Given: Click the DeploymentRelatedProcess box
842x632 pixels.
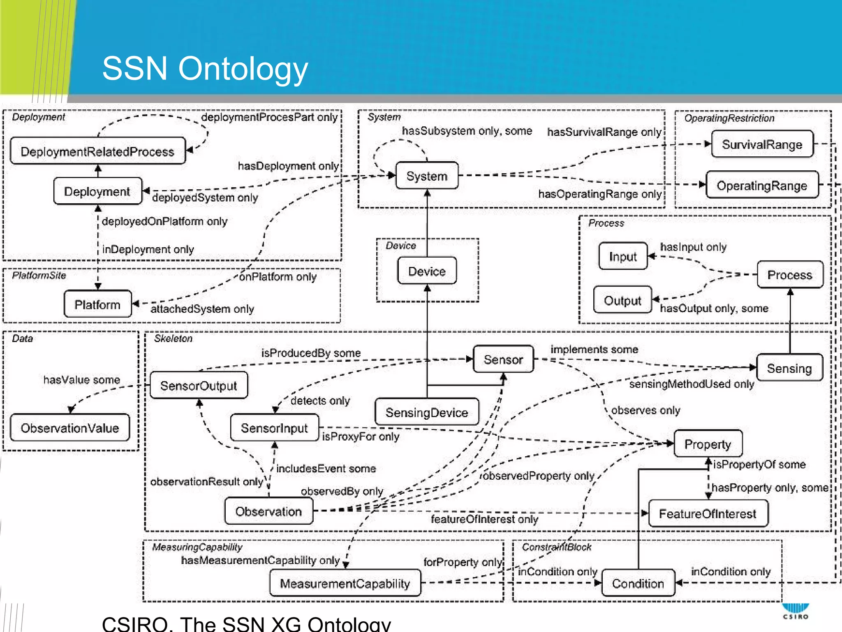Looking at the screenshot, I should [x=98, y=151].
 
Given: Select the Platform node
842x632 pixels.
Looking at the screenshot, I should [x=98, y=304].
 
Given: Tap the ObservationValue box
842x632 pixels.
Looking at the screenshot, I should [x=70, y=428].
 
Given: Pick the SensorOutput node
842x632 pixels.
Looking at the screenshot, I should [x=199, y=386].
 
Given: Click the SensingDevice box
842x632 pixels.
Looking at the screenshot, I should [x=427, y=412].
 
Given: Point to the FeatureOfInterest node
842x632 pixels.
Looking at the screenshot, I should [x=708, y=513].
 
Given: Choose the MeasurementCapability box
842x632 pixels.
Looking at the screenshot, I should [x=345, y=583].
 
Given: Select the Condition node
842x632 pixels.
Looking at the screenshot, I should [x=638, y=583].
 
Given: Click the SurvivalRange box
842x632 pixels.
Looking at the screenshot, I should [x=762, y=144].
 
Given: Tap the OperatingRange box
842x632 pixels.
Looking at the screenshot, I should [x=762, y=186].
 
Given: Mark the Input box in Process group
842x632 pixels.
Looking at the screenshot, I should [x=623, y=256].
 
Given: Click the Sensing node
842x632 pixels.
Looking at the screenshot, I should [x=789, y=368].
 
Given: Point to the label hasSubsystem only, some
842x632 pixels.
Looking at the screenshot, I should [x=467, y=131].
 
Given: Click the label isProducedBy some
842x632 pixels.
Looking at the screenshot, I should [x=311, y=353].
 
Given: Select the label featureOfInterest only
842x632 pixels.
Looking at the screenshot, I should [x=484, y=519].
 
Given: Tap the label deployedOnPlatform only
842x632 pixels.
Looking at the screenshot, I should [x=164, y=221].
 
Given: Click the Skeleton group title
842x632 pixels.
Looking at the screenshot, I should [x=173, y=338].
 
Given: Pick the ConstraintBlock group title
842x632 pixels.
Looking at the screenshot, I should [x=556, y=547].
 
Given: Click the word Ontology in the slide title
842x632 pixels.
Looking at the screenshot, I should [x=243, y=69].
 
